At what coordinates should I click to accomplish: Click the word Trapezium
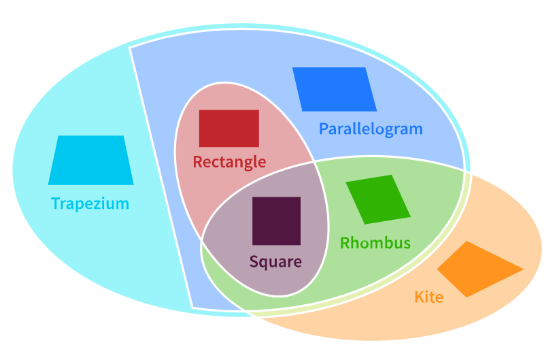click(90, 203)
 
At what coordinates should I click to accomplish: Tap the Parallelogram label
click(371, 129)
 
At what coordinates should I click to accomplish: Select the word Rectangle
click(228, 162)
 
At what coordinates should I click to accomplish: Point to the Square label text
click(275, 261)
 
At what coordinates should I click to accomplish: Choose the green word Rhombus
click(375, 243)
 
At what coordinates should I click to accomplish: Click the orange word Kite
click(428, 297)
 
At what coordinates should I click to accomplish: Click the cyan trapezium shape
click(90, 161)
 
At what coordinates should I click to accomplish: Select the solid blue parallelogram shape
click(335, 89)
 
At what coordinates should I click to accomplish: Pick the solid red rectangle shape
click(228, 128)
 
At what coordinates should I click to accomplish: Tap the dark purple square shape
click(276, 220)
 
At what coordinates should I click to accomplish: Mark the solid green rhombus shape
click(378, 199)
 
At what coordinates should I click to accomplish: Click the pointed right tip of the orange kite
click(522, 269)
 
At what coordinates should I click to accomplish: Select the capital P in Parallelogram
click(324, 129)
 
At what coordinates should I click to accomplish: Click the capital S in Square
click(254, 261)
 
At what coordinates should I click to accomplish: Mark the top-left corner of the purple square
click(253, 198)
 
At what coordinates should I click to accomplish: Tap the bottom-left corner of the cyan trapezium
click(49, 184)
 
